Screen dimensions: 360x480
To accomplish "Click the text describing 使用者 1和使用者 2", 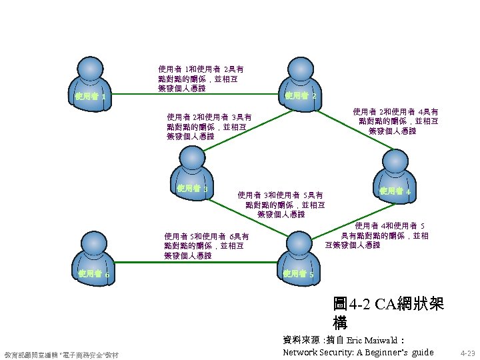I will tap(200, 78).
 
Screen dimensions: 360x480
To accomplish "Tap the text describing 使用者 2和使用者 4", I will tap(395, 121).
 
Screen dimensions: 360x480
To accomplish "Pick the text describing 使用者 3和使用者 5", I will tap(281, 205).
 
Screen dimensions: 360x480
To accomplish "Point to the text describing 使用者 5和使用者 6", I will tap(206, 245).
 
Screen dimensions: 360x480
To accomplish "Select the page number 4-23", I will tap(467, 353).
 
